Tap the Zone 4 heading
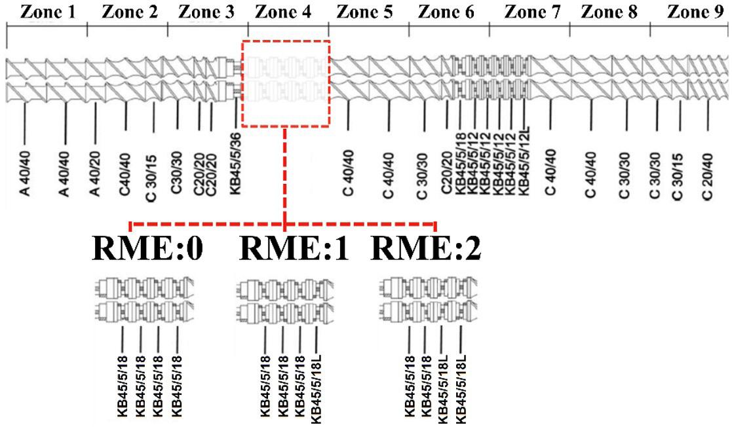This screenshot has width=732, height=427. coord(287,12)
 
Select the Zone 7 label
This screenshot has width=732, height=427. coord(530,12)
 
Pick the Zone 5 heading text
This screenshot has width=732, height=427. coord(368,12)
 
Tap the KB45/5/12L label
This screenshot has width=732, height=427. coord(524,167)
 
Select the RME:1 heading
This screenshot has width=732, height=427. coord(292,250)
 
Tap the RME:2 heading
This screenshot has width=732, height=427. coord(427,250)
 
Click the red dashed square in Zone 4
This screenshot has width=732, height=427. coord(286,83)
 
